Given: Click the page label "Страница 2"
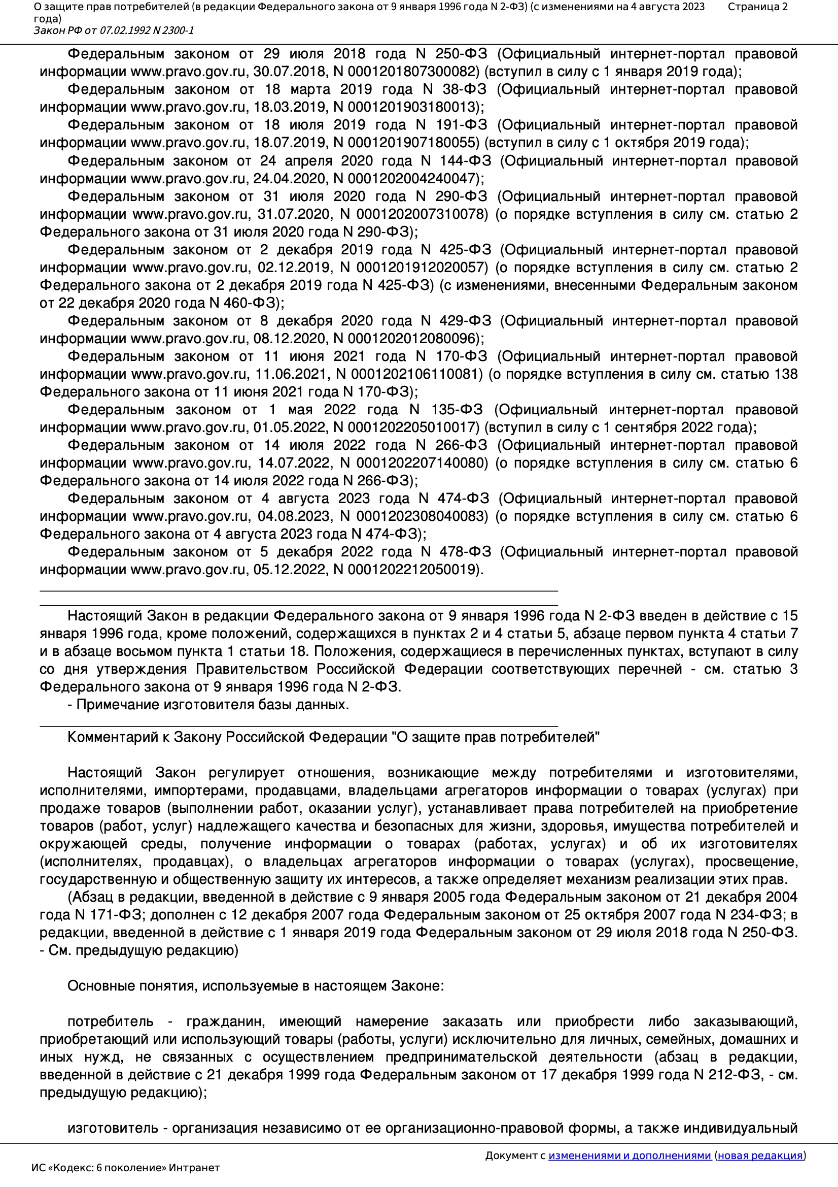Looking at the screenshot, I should coord(757,7).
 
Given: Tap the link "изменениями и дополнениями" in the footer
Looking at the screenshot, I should coord(630,1155).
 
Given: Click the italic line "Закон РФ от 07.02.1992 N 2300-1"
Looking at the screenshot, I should coord(114,30).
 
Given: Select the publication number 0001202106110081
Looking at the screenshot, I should coord(417,374).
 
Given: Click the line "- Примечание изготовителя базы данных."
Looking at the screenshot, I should coord(208,705).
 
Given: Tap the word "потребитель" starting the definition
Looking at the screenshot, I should coord(111,1021).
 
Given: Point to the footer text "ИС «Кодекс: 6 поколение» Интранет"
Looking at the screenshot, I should coord(125,1168).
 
